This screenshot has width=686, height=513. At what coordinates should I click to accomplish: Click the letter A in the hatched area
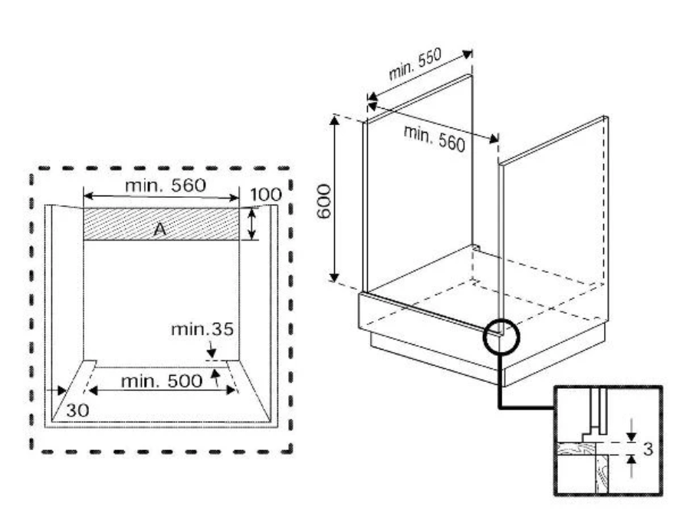(162, 229)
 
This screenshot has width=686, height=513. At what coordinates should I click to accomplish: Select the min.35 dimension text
(202, 330)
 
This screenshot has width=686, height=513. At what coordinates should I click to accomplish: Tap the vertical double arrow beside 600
(336, 198)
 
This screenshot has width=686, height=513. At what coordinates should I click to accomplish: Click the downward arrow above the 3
(631, 434)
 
